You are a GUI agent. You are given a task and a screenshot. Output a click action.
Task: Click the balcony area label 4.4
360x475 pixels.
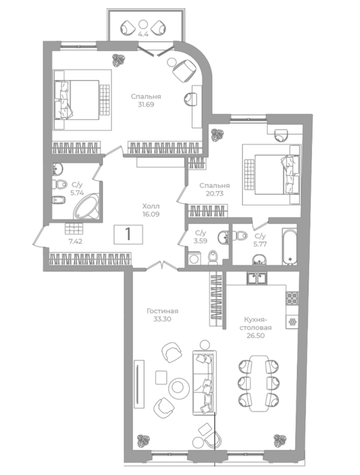[143, 34]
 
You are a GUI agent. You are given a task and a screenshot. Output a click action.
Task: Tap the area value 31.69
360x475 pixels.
[146, 104]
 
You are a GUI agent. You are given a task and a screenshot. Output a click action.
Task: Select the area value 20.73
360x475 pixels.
[214, 193]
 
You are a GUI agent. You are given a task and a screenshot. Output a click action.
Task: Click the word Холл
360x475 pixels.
[151, 206]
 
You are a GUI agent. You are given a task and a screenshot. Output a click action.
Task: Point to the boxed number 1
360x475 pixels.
[128, 234]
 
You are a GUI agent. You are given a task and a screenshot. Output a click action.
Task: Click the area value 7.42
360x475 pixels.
[76, 242]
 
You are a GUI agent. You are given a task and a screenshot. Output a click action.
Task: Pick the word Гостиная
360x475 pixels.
[162, 311]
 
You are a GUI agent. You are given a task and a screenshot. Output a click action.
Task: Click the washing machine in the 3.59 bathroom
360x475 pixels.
[194, 259]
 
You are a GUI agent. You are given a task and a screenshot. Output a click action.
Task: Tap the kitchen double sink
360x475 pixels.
[257, 278]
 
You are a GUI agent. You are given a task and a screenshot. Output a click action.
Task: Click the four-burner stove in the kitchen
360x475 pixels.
[292, 298]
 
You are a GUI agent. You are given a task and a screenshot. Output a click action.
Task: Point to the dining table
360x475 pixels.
[258, 383]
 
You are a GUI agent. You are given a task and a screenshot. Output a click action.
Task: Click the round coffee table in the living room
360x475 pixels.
[178, 387]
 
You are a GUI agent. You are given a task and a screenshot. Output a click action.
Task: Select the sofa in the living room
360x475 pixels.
[205, 383]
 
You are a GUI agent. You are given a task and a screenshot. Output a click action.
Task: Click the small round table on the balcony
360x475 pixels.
[143, 24]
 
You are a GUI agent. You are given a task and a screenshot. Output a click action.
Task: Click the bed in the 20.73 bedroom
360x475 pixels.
[272, 174]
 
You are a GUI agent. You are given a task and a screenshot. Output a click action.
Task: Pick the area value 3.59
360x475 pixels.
[201, 242]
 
